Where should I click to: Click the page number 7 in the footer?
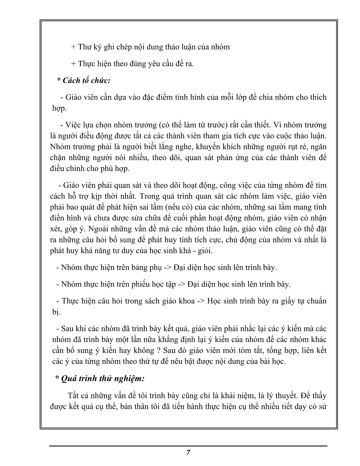tap(188, 453)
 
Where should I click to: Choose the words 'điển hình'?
tap(65, 218)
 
